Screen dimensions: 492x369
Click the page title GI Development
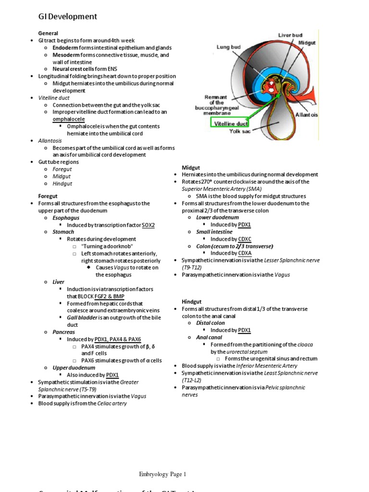click(68, 17)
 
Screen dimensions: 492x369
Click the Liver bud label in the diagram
click(291, 35)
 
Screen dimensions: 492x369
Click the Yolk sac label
click(240, 131)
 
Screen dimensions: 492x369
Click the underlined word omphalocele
click(69, 119)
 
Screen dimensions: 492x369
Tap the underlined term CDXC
click(245, 239)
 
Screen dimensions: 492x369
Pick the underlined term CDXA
click(245, 253)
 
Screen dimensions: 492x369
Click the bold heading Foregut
click(48, 196)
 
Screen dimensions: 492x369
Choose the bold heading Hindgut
click(191, 301)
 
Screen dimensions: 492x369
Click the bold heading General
click(48, 33)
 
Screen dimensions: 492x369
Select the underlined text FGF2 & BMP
click(109, 296)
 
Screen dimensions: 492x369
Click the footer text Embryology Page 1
click(162, 474)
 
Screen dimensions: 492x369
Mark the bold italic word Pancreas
click(63, 332)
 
